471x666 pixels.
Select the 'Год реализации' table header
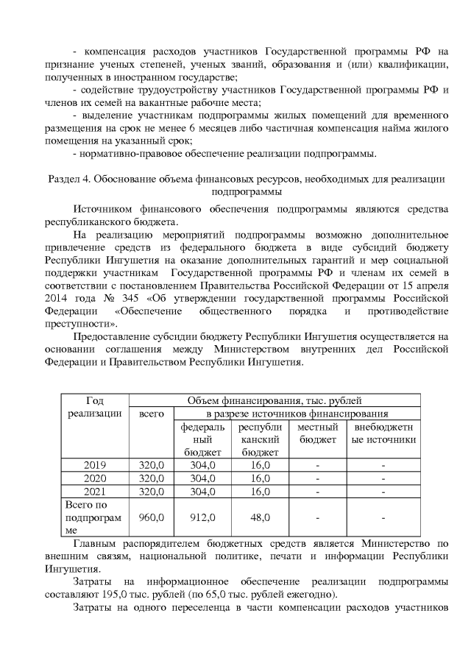(x=94, y=407)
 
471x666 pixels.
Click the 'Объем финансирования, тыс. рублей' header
(x=275, y=400)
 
